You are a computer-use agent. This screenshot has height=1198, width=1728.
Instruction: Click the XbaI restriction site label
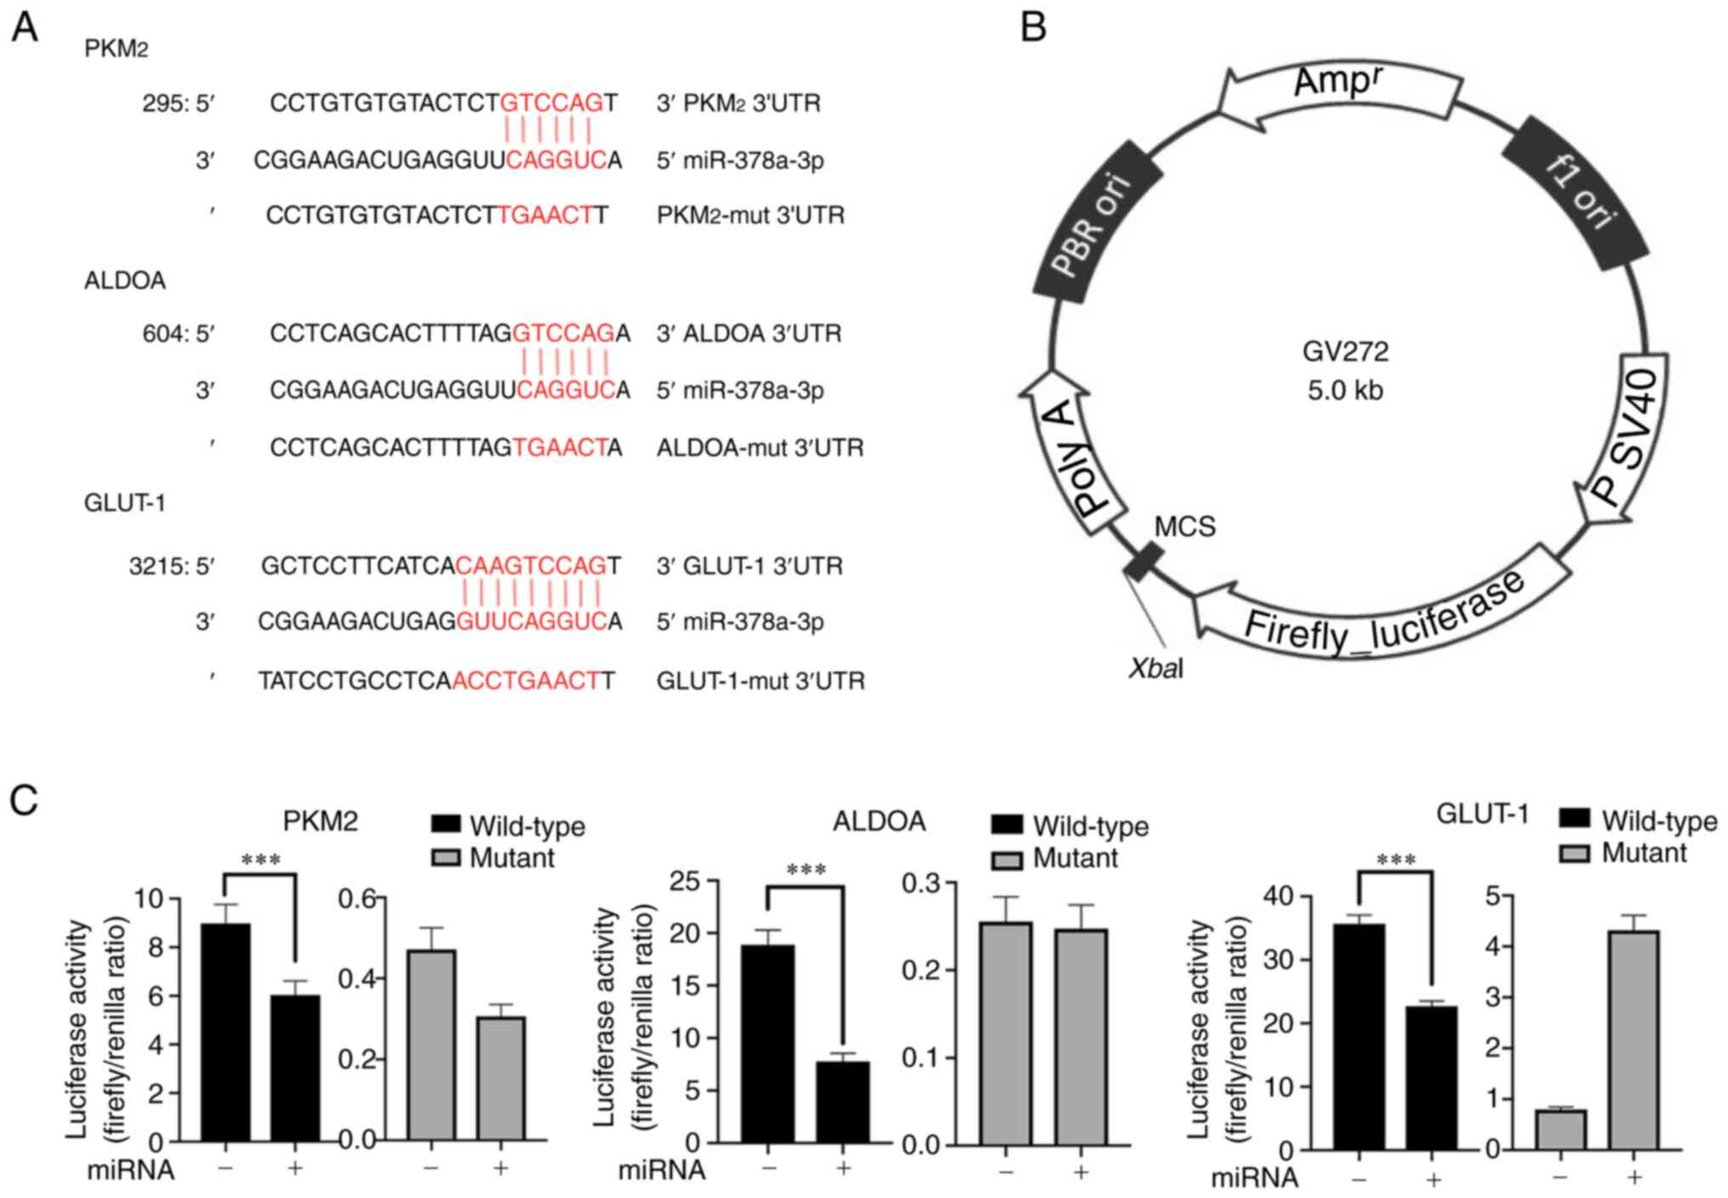tap(1156, 669)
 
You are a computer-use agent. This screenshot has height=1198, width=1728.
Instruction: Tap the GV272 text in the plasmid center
tap(1344, 351)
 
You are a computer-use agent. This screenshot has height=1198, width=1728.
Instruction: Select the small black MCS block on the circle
tap(1143, 562)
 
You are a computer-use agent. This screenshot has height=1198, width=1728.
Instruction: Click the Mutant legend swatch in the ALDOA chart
tap(1007, 860)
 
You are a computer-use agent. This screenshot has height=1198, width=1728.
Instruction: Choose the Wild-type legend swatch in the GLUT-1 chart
tap(1575, 820)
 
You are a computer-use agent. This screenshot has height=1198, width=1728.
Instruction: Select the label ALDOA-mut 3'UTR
tap(759, 448)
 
